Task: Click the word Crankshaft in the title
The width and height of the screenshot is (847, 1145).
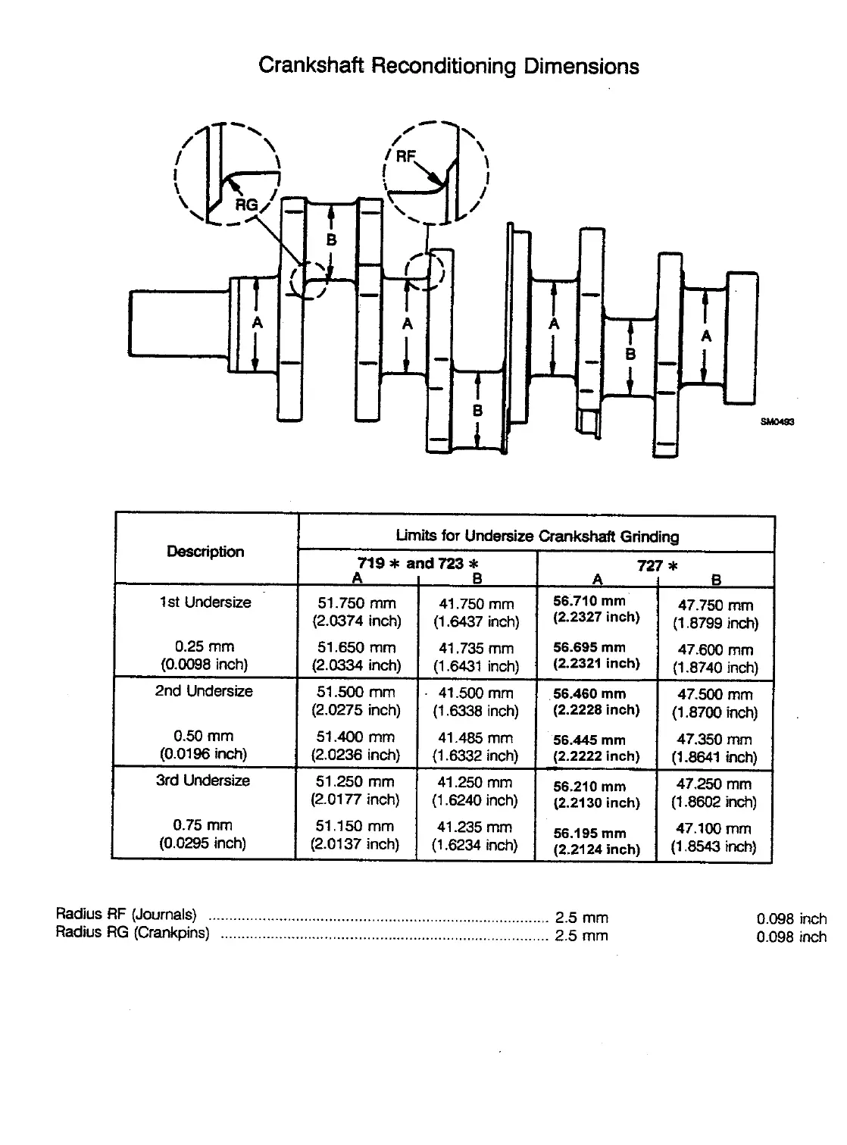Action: [311, 66]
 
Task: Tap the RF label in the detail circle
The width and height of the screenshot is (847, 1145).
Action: [406, 156]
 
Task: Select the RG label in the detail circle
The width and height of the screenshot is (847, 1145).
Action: [246, 205]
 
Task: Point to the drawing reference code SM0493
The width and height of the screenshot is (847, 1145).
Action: [777, 424]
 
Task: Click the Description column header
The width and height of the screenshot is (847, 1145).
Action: [205, 552]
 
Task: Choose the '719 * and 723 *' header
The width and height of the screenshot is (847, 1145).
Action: [417, 564]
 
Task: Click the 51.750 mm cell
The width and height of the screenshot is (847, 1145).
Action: [356, 604]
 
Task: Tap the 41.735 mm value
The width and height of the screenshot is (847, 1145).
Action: [476, 649]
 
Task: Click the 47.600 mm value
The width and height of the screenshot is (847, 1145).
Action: [715, 649]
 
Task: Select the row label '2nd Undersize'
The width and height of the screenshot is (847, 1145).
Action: [204, 691]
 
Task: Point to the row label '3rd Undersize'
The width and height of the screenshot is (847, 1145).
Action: [203, 781]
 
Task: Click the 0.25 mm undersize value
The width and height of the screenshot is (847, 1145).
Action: [204, 647]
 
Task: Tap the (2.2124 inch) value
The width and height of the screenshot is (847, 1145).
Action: [597, 849]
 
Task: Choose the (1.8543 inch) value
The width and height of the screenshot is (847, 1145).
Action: [714, 846]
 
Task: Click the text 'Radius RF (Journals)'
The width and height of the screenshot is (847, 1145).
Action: [126, 913]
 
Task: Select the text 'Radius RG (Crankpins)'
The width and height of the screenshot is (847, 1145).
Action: [132, 933]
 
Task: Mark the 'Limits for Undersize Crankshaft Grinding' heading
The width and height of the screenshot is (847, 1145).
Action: [537, 537]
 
